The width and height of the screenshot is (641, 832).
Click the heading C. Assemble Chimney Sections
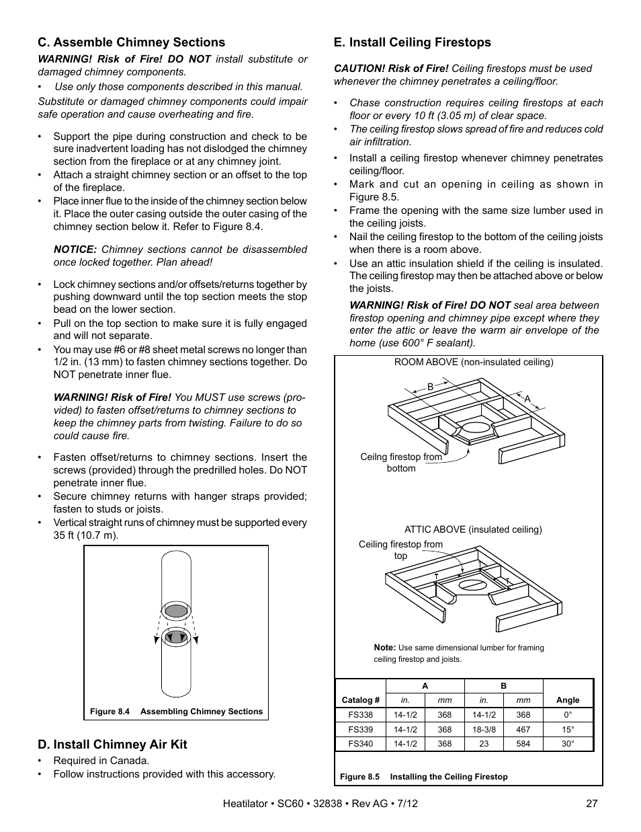click(131, 42)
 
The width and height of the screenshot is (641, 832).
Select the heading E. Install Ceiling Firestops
click(412, 42)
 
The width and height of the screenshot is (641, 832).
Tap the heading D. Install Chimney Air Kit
click(112, 744)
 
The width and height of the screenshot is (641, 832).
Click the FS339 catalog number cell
click(361, 729)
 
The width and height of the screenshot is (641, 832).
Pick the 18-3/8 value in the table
click(484, 729)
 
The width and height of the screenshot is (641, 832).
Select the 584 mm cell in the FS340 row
click(523, 744)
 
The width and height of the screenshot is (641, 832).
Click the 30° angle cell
click(568, 744)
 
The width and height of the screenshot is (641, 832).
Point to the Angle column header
click(568, 700)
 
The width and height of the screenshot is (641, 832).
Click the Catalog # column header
click(361, 700)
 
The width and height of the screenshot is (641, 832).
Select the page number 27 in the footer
click(591, 803)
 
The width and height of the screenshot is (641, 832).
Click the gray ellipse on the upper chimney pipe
click(176, 611)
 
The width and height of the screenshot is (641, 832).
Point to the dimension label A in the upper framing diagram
click(527, 400)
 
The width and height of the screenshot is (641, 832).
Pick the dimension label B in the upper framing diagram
click(431, 387)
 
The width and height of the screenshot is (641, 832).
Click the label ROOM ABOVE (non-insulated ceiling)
click(473, 362)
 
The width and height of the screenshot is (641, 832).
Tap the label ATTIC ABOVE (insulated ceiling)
click(473, 529)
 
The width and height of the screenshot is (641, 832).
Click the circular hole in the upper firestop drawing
click(475, 428)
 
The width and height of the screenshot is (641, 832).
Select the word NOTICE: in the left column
click(75, 250)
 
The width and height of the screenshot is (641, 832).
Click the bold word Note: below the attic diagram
click(384, 648)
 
